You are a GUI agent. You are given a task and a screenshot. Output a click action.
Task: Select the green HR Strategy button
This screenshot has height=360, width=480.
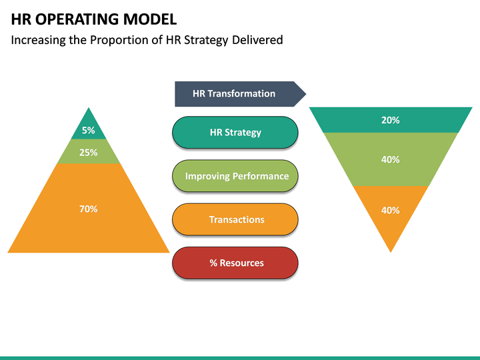point(235,132)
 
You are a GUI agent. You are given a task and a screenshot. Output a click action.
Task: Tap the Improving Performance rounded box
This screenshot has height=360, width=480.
point(235,176)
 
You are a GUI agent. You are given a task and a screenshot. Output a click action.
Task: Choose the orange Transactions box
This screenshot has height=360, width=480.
point(235,219)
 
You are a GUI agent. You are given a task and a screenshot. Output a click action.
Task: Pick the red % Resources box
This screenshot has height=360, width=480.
point(235,263)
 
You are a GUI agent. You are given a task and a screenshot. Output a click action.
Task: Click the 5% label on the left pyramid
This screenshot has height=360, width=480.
point(89,131)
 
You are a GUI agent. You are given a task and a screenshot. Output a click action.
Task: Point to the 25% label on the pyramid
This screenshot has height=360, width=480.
point(89,152)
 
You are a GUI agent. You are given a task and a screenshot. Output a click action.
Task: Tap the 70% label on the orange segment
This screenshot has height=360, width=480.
point(89,209)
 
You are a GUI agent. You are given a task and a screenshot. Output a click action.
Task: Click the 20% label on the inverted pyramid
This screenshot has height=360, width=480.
point(391,120)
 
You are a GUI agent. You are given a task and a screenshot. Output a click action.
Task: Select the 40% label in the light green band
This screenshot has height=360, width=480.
point(391,159)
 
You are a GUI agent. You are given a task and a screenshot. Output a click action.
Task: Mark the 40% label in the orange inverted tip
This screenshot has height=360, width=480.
point(391,210)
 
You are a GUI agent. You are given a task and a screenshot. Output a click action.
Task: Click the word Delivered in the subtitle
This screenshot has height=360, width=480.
point(257,40)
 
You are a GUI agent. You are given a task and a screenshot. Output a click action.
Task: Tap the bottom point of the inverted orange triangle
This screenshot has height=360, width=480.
point(391,249)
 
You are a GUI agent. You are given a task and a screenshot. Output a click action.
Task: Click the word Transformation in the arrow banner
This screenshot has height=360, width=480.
point(241,94)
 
